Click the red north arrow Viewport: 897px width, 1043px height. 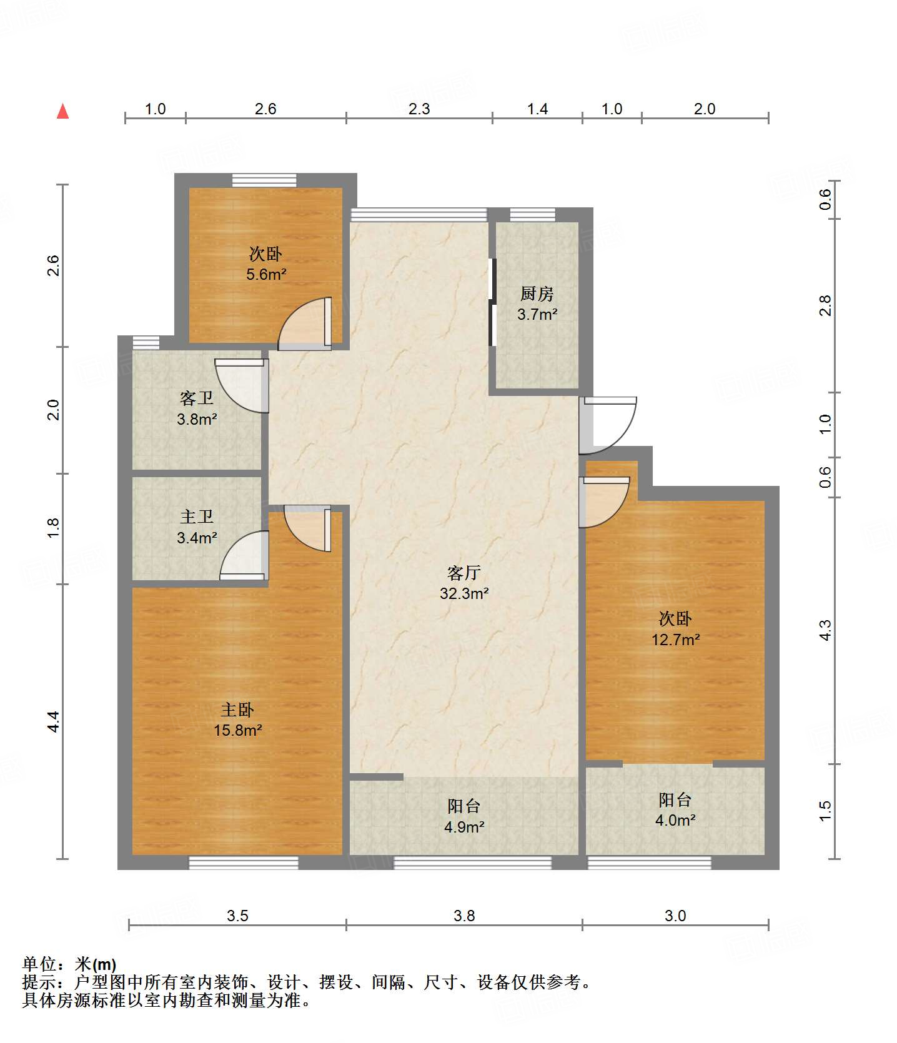pyautogui.click(x=62, y=111)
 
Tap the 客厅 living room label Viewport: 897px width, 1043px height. pyautogui.click(x=464, y=573)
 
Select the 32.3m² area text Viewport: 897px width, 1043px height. pyautogui.click(x=464, y=593)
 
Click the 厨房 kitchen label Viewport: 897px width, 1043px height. pyautogui.click(x=537, y=294)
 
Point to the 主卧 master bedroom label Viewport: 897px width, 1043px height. pyautogui.click(x=237, y=709)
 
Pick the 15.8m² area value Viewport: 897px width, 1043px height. pyautogui.click(x=237, y=730)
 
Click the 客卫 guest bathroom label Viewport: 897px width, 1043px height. pyautogui.click(x=197, y=398)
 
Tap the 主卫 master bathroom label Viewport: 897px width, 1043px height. pyautogui.click(x=197, y=517)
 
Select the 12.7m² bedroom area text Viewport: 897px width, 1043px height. pyautogui.click(x=676, y=640)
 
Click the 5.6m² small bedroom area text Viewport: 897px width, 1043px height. pyautogui.click(x=266, y=274)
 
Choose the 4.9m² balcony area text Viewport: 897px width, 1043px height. pyautogui.click(x=464, y=828)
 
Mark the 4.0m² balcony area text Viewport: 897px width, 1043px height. pyautogui.click(x=675, y=821)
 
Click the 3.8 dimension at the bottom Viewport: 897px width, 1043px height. pyautogui.click(x=464, y=916)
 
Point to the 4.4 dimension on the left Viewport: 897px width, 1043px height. pyautogui.click(x=54, y=721)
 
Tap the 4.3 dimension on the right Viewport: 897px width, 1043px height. pyautogui.click(x=825, y=630)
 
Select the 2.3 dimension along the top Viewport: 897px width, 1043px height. pyautogui.click(x=419, y=109)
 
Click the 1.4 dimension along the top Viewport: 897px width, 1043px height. pyautogui.click(x=537, y=109)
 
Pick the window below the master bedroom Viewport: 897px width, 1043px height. pyautogui.click(x=244, y=863)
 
